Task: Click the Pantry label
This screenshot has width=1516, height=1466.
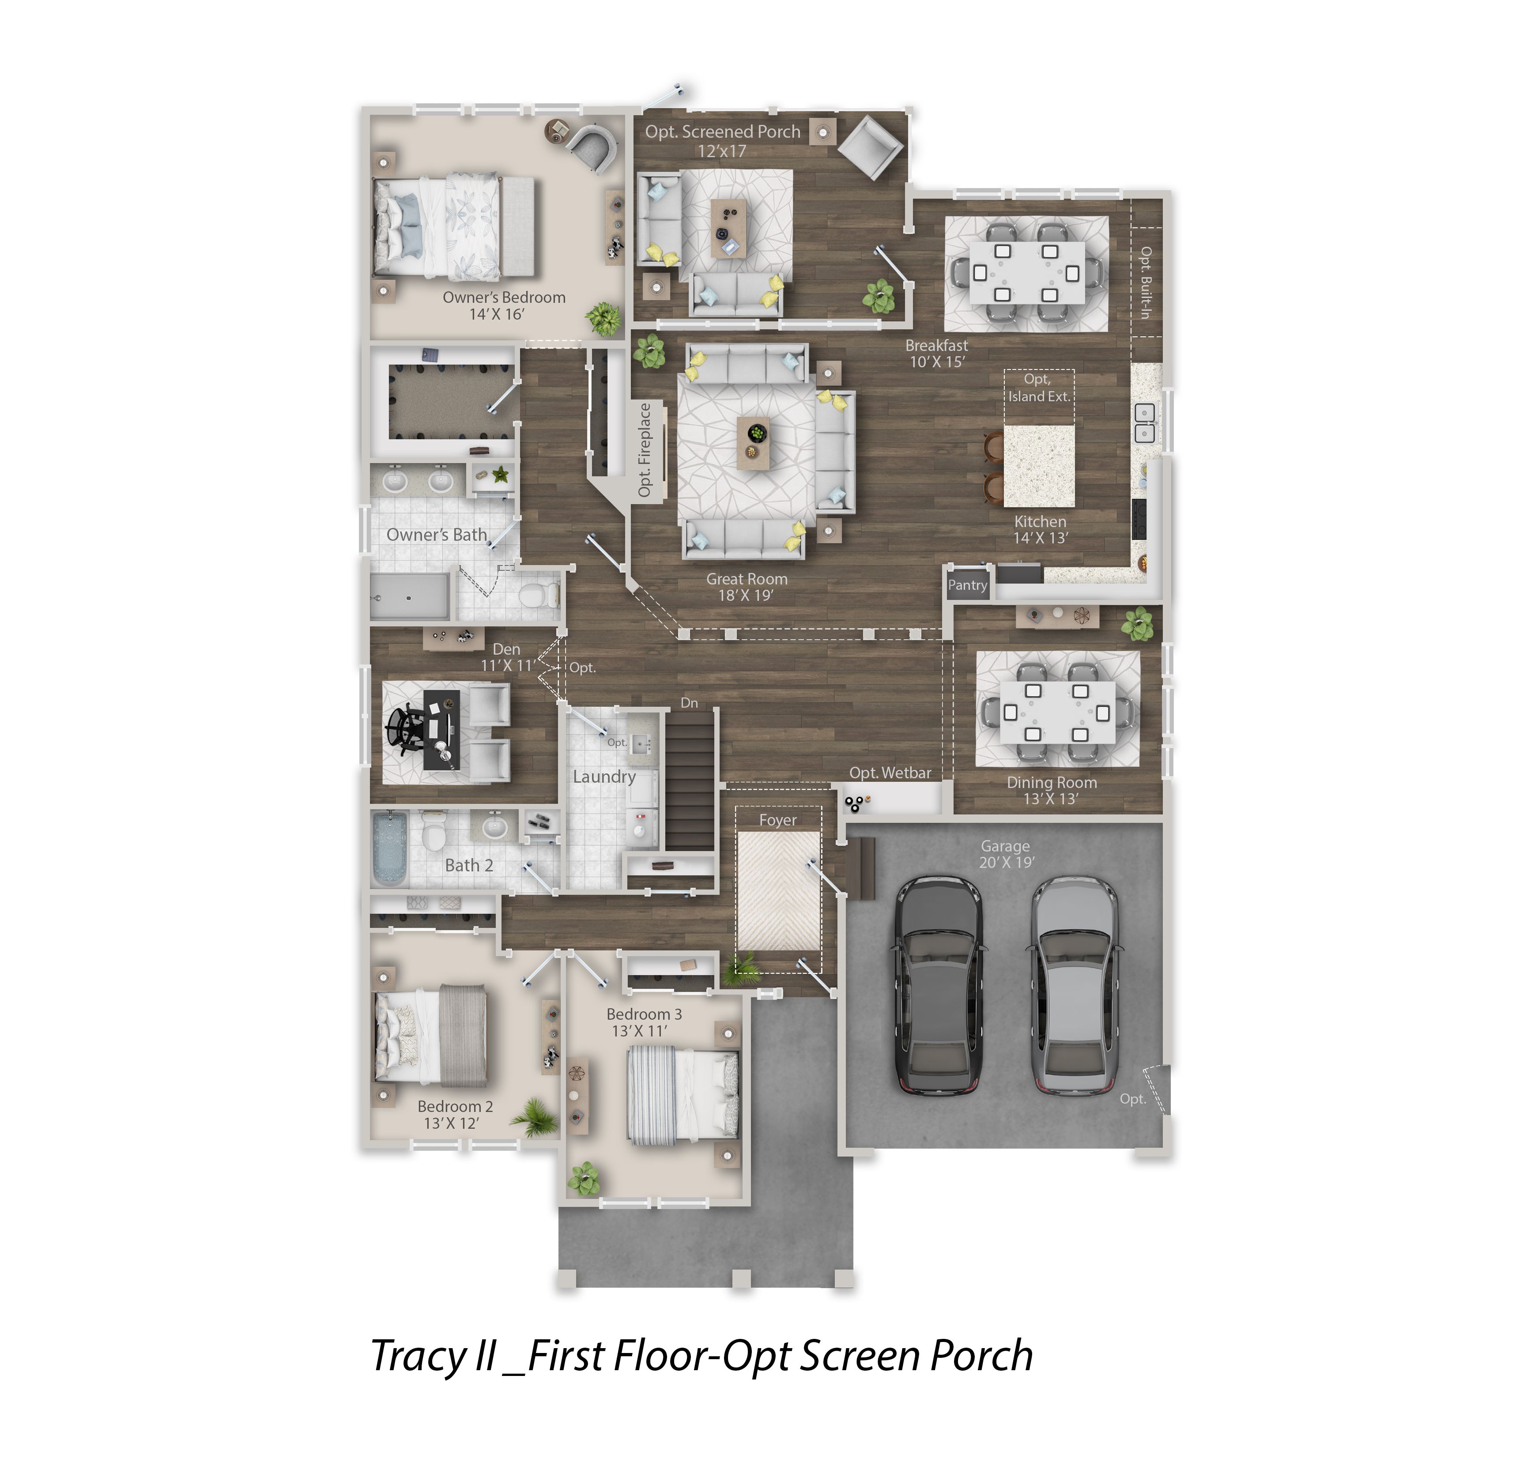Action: tap(968, 585)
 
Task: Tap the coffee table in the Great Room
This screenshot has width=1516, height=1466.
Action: tap(753, 443)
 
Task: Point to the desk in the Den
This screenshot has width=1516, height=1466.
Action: tap(441, 730)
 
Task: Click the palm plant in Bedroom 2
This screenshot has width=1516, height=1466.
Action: tap(534, 1117)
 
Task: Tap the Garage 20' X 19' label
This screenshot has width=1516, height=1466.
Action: tap(1006, 854)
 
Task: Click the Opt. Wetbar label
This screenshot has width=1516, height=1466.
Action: tap(890, 773)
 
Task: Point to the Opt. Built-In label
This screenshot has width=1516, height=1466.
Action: tap(1146, 282)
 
